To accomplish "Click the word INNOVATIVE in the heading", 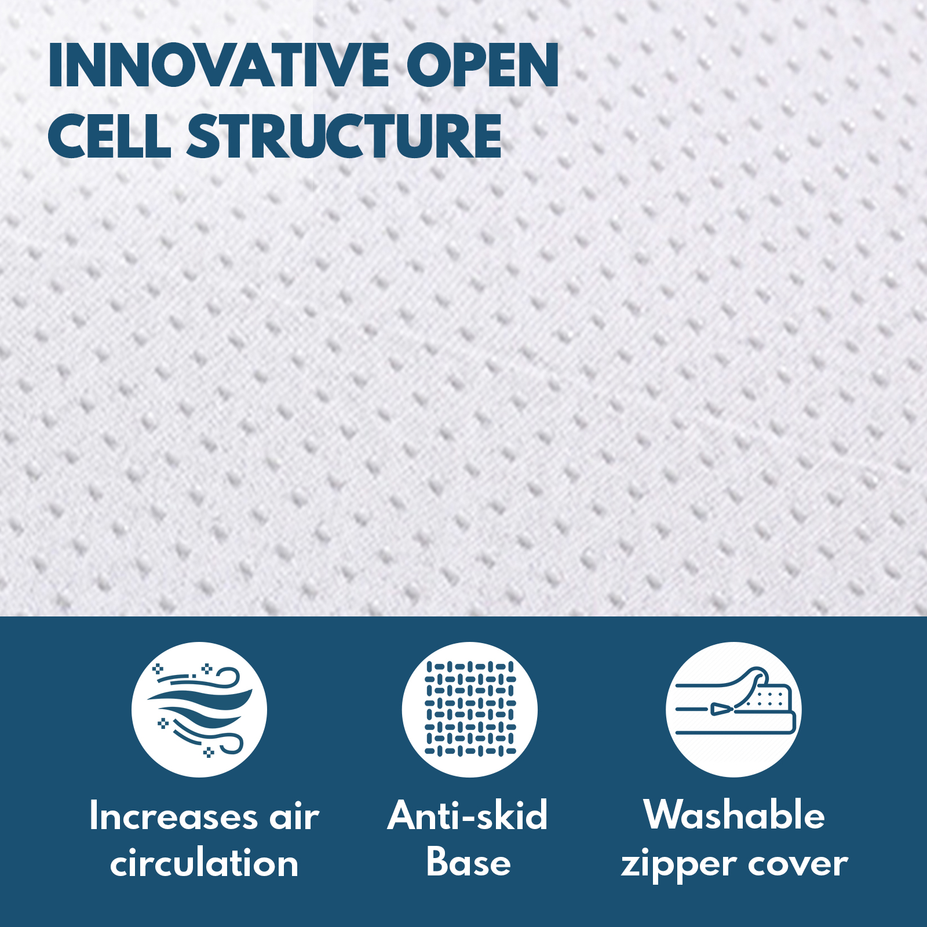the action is click(x=218, y=65).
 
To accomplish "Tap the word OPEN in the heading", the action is click(x=483, y=65).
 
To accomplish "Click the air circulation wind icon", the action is click(x=199, y=710).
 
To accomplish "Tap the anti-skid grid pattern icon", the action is click(x=470, y=710).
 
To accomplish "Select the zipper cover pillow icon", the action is click(x=733, y=710).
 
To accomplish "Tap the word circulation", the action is click(x=204, y=864).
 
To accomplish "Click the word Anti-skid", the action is click(x=468, y=815).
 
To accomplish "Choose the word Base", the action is click(x=469, y=863).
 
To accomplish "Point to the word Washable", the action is click(x=734, y=815).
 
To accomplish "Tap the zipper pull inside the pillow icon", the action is click(x=722, y=709).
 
